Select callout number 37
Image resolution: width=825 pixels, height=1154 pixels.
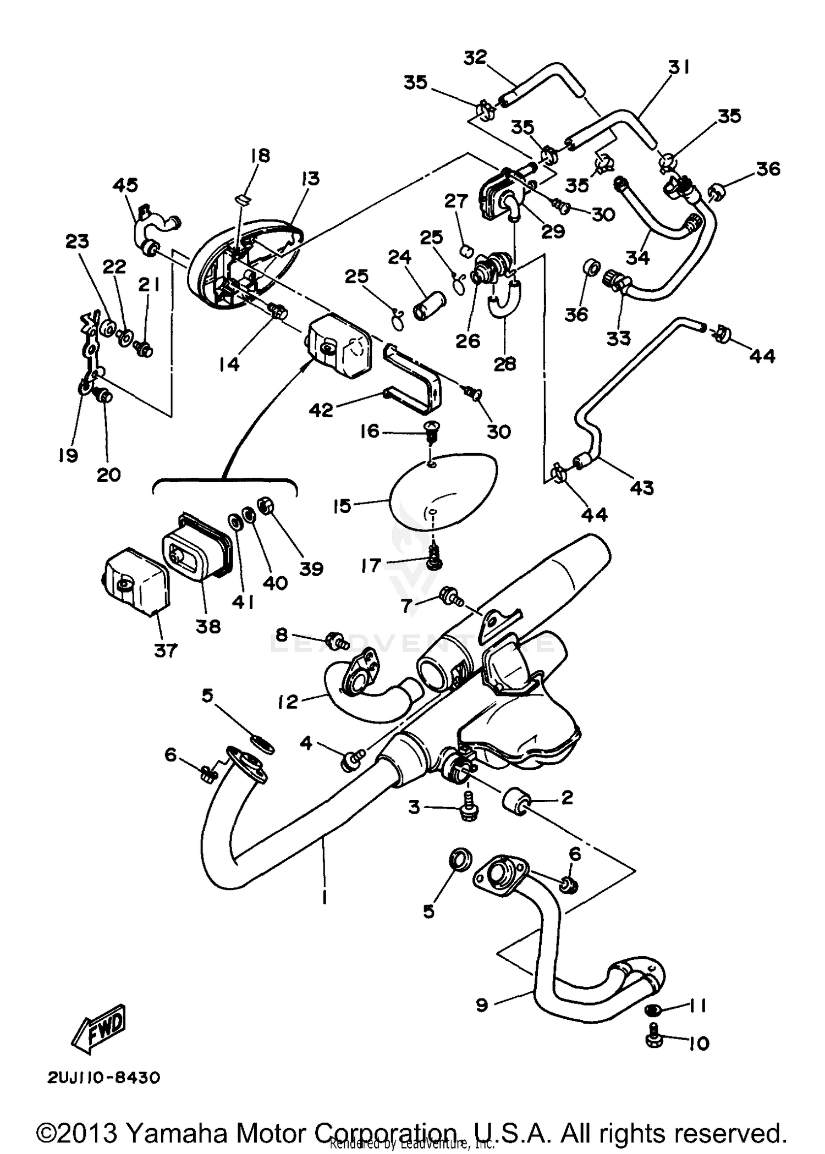(166, 650)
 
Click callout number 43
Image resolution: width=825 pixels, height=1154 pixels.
(642, 488)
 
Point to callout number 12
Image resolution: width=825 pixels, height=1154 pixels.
(288, 702)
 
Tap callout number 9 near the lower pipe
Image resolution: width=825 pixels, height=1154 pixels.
(482, 1006)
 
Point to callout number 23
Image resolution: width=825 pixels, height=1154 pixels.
(78, 241)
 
